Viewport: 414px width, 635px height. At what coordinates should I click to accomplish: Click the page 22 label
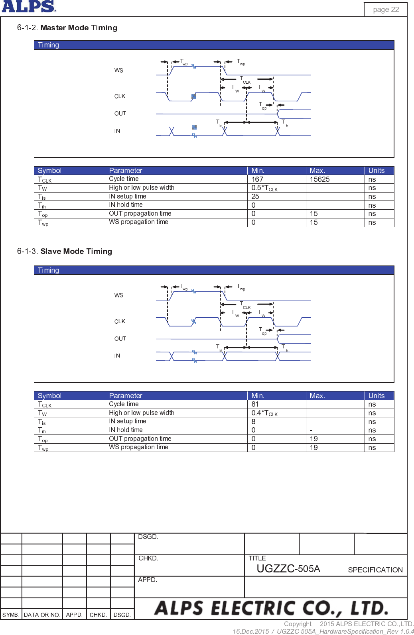pos(386,10)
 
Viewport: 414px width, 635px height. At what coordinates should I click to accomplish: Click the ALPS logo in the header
pos(29,6)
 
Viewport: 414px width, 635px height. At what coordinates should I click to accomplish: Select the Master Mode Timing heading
pos(79,28)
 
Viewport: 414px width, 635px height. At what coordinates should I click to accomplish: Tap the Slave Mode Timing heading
pos(76,251)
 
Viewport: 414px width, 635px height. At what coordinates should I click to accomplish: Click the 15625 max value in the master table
pos(319,179)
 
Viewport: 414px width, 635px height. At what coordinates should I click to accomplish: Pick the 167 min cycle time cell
pos(257,179)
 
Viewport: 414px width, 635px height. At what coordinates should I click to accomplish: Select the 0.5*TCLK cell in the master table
pos(264,188)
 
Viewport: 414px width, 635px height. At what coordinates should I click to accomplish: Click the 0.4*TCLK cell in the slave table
pos(264,413)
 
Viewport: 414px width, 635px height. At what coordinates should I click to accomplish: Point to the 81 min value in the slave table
pos(255,404)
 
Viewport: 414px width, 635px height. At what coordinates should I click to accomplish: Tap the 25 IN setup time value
pos(255,197)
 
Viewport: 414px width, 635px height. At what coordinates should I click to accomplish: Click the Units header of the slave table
pos(376,396)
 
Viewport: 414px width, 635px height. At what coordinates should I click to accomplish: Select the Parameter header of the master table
pos(126,171)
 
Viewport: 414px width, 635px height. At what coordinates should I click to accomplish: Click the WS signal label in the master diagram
pos(118,71)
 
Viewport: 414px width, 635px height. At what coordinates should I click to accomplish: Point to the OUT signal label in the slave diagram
pos(120,339)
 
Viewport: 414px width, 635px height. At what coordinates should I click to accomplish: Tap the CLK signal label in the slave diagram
pos(120,322)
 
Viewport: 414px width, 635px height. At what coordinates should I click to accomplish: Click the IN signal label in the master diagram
pos(117,131)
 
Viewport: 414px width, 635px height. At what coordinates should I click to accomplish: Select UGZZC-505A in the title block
pos(288,569)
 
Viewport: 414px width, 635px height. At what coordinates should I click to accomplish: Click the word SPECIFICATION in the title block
pos(375,570)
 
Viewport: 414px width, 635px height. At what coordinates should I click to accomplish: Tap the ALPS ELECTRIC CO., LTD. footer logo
pos(271,608)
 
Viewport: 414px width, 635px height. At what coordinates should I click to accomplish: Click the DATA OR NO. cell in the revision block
pos(42,615)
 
